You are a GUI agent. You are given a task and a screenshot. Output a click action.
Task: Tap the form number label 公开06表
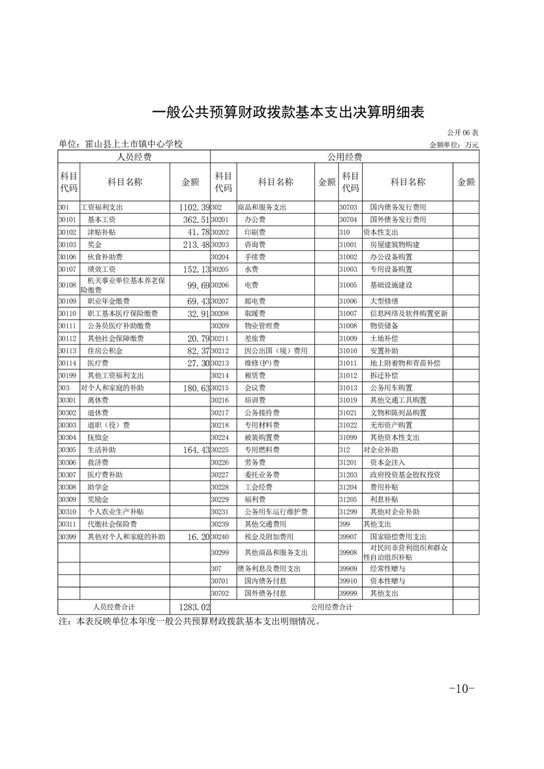(x=463, y=132)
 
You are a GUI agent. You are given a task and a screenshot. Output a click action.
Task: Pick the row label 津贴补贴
(x=102, y=232)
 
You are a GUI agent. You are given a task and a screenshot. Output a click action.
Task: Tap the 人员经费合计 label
(x=114, y=607)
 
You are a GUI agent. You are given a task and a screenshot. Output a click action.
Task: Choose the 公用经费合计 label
(x=332, y=607)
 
